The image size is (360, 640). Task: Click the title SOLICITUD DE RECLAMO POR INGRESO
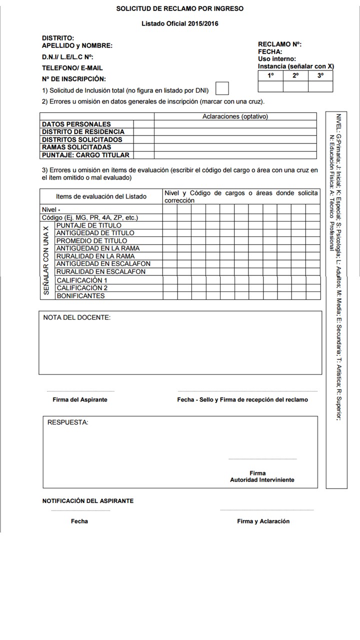(x=180, y=8)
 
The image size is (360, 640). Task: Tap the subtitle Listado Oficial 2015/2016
(x=180, y=23)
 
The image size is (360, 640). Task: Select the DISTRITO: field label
(x=58, y=38)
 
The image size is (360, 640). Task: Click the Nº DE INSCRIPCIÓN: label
(x=74, y=79)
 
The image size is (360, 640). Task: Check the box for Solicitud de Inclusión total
(x=221, y=88)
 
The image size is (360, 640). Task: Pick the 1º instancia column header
(x=270, y=75)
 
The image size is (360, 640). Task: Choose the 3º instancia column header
(x=320, y=75)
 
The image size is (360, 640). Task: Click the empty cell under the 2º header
(x=295, y=86)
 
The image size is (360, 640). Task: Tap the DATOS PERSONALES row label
(x=76, y=124)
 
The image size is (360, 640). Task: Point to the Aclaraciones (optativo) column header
(x=235, y=116)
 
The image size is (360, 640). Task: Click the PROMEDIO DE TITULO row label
(x=91, y=240)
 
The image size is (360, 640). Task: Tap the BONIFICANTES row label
(x=80, y=295)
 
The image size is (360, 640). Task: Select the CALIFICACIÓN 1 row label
(x=82, y=280)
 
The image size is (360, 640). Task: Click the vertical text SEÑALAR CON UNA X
(x=46, y=260)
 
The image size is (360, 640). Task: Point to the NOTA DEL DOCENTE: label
(x=77, y=317)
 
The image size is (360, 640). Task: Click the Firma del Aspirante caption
(x=80, y=399)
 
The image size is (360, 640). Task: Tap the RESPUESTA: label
(x=67, y=422)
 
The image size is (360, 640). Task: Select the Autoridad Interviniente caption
(x=262, y=479)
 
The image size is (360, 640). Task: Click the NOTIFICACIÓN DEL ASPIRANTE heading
(x=88, y=500)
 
